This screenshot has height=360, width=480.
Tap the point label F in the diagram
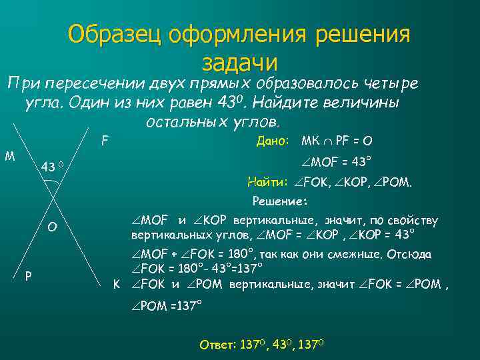[105, 141]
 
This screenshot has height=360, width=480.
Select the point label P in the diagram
[28, 275]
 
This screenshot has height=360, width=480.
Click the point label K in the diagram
[116, 284]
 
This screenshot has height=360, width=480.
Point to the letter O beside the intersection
[52, 227]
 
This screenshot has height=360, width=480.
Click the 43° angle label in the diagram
[52, 166]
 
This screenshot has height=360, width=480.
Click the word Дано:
[273, 141]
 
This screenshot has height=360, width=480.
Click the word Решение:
[279, 201]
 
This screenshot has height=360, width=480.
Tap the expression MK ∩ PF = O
[337, 141]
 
